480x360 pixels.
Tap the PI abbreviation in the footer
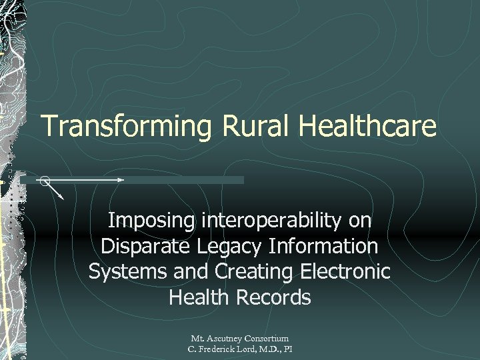pyautogui.click(x=287, y=349)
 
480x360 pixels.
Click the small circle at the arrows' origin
pyautogui.click(x=44, y=180)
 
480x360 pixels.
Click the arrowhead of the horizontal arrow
pyautogui.click(x=121, y=180)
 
